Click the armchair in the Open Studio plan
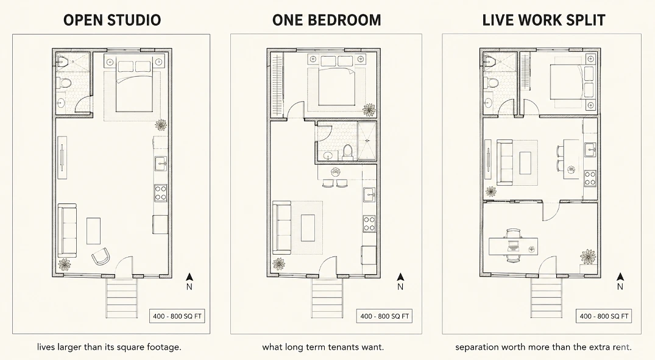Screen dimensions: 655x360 pyautogui.click(x=101, y=256)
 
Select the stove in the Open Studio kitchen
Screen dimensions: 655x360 pyautogui.click(x=160, y=193)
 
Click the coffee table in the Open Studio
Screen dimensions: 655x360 pyautogui.click(x=94, y=231)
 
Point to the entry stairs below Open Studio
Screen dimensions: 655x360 pyautogui.click(x=122, y=297)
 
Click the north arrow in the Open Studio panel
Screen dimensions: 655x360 pyautogui.click(x=189, y=277)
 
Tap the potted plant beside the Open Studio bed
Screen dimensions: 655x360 pyautogui.click(x=160, y=125)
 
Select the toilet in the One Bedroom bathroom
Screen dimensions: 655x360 pyautogui.click(x=347, y=152)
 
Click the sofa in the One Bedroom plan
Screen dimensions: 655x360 pyautogui.click(x=281, y=228)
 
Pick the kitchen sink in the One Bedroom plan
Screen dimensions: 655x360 pyautogui.click(x=369, y=194)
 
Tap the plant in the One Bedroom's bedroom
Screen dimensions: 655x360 pyautogui.click(x=369, y=110)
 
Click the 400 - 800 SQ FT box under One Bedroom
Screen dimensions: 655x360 pyautogui.click(x=384, y=316)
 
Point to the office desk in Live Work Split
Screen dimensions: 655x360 pyautogui.click(x=514, y=245)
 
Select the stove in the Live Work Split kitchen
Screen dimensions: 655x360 pyautogui.click(x=590, y=178)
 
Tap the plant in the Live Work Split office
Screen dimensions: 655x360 pyautogui.click(x=588, y=256)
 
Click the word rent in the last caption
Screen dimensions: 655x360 pyautogui.click(x=621, y=347)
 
